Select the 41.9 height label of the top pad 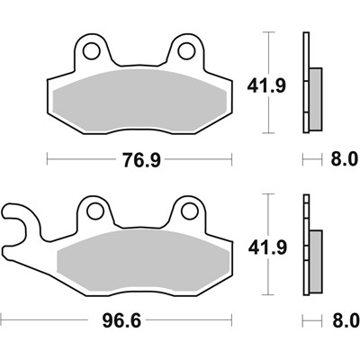(260, 87)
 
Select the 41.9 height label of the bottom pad (260, 247)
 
